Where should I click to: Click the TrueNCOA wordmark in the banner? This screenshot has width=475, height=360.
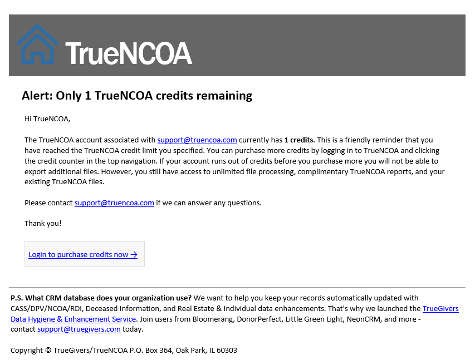[x=129, y=53]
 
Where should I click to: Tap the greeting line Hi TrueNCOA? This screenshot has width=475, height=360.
[x=47, y=119]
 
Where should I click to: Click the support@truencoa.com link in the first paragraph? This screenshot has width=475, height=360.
[x=197, y=140]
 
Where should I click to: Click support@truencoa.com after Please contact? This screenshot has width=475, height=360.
[x=114, y=203]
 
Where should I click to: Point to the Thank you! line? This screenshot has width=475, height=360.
[x=43, y=223]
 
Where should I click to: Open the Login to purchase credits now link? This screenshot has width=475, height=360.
[x=79, y=254]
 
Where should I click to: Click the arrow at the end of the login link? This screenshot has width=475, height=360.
[x=134, y=254]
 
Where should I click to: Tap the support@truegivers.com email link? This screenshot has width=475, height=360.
[x=79, y=329]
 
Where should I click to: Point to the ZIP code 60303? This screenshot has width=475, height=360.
[x=226, y=350]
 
